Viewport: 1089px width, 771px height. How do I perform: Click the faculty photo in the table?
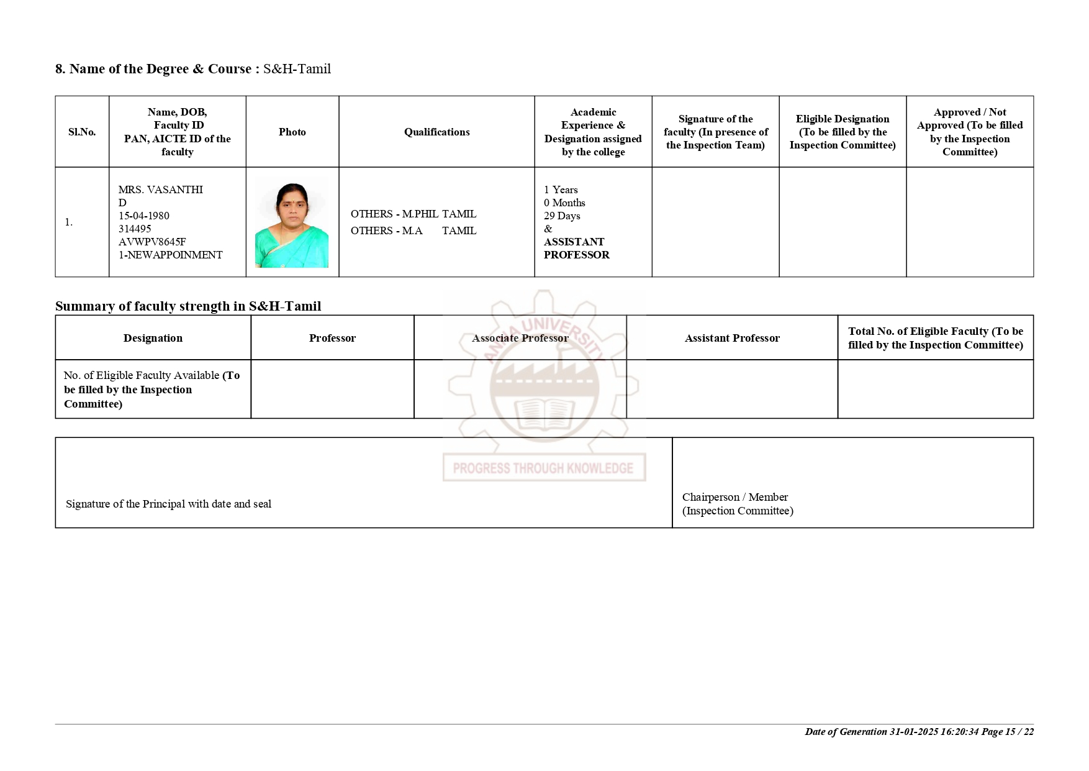[292, 222]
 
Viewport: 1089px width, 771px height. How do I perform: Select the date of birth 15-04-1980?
[144, 216]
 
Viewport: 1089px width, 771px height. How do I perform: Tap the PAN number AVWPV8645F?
[152, 242]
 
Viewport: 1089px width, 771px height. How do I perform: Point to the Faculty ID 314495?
[135, 229]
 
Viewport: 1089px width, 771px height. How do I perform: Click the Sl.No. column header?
[82, 132]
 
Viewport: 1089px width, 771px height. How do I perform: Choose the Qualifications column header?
[436, 132]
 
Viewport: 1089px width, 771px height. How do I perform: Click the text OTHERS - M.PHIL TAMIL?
[413, 214]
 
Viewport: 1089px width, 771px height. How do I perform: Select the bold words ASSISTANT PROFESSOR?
[576, 248]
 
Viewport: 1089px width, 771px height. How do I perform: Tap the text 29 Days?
[562, 216]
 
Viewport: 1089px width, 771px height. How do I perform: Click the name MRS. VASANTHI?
[161, 189]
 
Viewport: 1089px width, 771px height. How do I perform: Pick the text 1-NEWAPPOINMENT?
[171, 255]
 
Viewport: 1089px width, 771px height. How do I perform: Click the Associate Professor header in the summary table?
[520, 338]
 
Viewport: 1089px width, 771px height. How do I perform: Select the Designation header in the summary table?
[153, 338]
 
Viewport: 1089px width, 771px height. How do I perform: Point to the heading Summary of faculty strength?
[188, 306]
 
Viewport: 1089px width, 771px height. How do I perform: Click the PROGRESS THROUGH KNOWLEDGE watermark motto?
[543, 468]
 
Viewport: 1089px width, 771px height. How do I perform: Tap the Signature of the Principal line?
[169, 504]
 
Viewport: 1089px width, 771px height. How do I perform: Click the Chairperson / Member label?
[735, 497]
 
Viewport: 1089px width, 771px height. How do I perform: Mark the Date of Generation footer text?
[919, 732]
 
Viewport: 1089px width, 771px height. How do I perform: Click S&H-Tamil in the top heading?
[297, 69]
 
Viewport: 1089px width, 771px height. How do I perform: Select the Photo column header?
[292, 132]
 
